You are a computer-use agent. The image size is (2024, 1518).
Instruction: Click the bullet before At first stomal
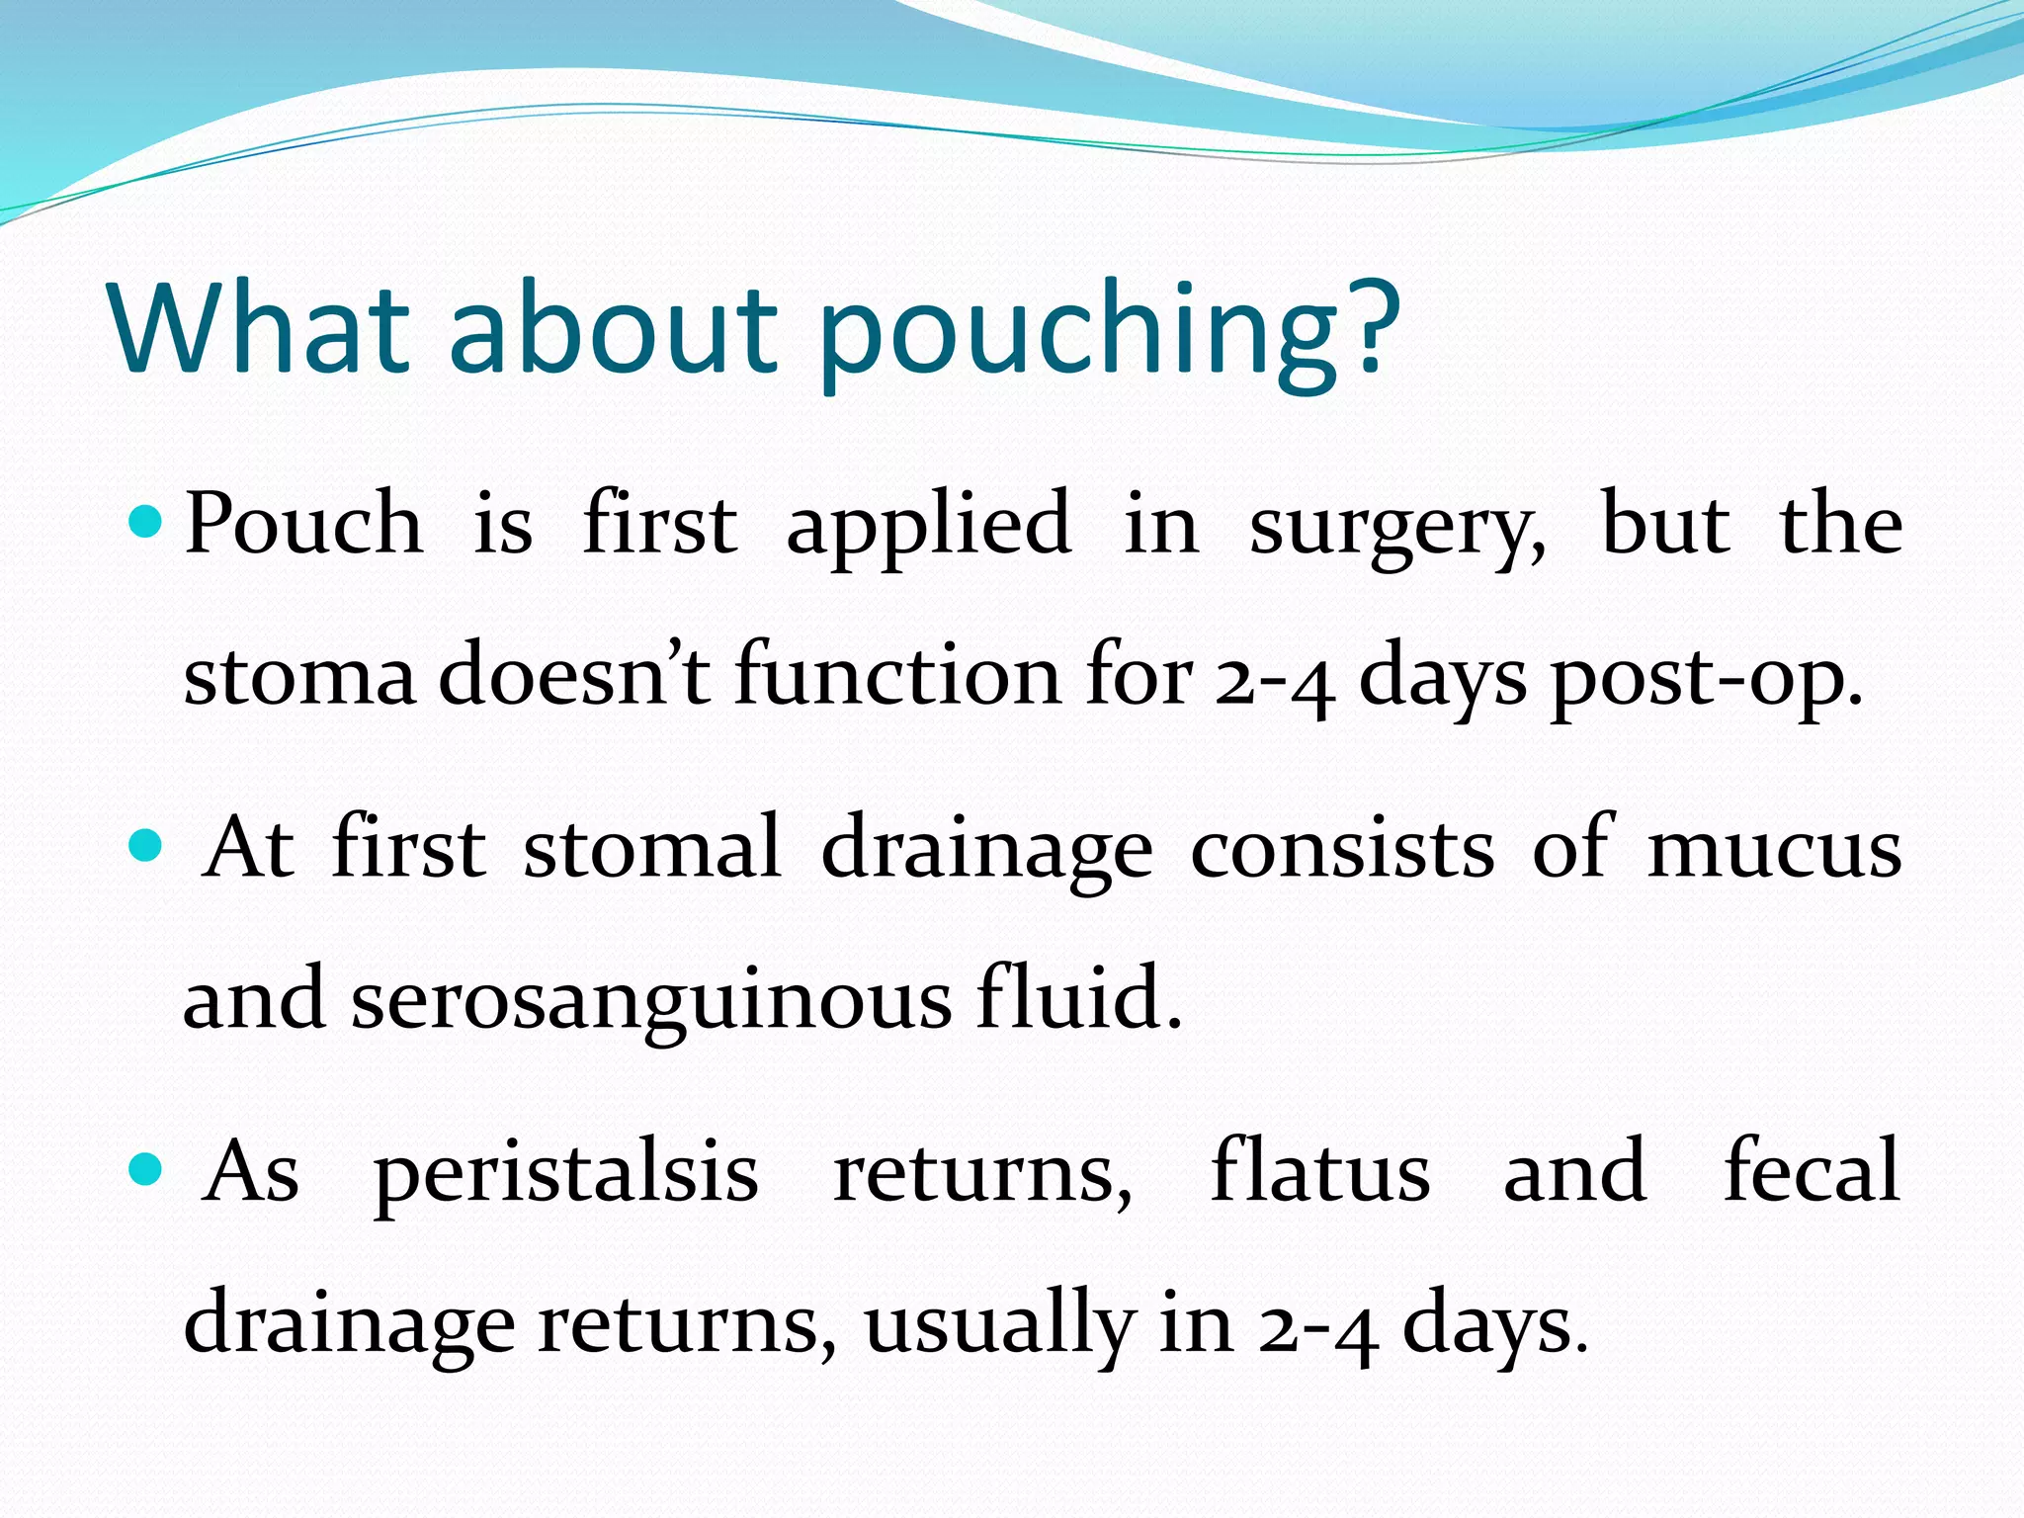pyautogui.click(x=145, y=845)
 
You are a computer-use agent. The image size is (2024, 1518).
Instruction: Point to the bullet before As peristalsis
pyautogui.click(x=145, y=1169)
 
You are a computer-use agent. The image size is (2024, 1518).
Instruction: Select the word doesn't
pyautogui.click(x=573, y=676)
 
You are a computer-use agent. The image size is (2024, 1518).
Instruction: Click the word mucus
pyautogui.click(x=1774, y=850)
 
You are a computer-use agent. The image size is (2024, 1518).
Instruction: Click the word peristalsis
pyautogui.click(x=565, y=1176)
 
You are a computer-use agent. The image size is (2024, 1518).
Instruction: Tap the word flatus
pyautogui.click(x=1320, y=1170)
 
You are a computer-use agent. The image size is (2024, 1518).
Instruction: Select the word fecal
pyautogui.click(x=1812, y=1170)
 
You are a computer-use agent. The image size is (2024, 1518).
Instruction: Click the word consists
pyautogui.click(x=1342, y=849)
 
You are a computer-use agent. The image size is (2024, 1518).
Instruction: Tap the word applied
pyautogui.click(x=928, y=529)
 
